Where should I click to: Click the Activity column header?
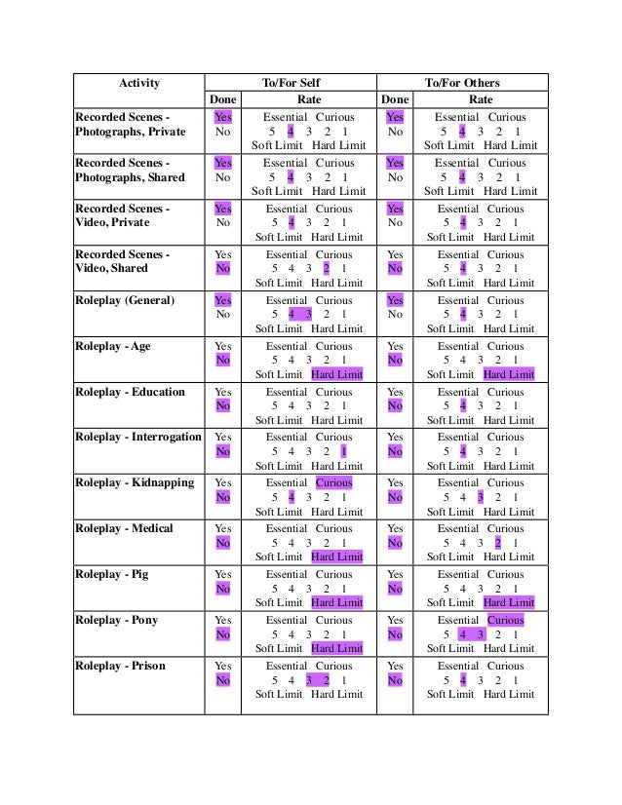pos(138,83)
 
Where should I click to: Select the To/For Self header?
pos(292,83)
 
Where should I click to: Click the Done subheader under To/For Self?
pos(222,99)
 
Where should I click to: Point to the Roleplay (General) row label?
pos(125,300)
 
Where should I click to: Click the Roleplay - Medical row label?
pos(124,528)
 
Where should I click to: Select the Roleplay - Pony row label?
pos(116,620)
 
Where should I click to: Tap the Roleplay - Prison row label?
pos(120,666)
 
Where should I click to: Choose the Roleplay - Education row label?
pos(130,392)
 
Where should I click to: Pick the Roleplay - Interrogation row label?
pos(138,438)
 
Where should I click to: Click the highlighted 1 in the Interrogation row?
pos(343,452)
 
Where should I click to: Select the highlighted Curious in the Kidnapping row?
pos(333,482)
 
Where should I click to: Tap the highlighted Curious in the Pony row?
pos(505,620)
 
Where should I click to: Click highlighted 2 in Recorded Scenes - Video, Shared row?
pos(327,269)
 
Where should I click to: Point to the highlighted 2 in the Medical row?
pos(497,543)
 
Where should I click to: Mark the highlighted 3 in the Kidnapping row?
pos(481,497)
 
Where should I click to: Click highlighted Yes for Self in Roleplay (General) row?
pos(222,300)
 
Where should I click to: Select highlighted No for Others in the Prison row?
pos(395,680)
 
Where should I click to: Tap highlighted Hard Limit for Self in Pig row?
pos(336,602)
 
